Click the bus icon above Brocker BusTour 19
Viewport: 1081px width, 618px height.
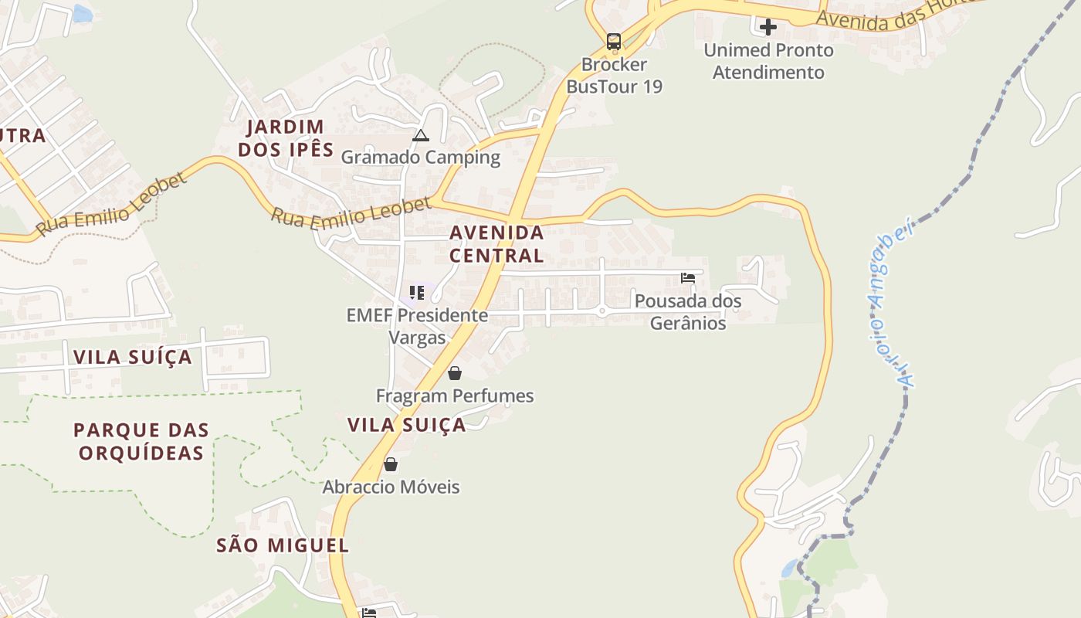click(614, 41)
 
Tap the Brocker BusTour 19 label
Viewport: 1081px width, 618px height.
click(615, 76)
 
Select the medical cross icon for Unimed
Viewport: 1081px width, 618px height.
click(768, 27)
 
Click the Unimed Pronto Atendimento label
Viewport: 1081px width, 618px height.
click(768, 61)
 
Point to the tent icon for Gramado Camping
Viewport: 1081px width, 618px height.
click(420, 136)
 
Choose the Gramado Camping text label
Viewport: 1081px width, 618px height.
click(421, 158)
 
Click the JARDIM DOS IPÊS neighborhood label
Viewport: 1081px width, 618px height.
click(286, 138)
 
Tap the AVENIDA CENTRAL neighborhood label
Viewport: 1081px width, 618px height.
click(496, 243)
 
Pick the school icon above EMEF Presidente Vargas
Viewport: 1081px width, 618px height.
click(417, 293)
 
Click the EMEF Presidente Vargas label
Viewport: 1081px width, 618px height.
click(417, 326)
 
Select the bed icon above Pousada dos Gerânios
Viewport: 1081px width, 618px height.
click(688, 278)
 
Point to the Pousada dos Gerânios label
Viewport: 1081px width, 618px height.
click(688, 312)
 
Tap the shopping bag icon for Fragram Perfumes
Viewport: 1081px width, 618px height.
click(455, 374)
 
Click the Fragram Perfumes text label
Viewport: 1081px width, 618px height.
click(455, 396)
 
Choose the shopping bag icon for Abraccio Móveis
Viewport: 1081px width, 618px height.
click(391, 464)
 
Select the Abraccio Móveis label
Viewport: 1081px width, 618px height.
click(391, 487)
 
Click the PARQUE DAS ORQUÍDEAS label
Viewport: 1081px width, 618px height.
click(141, 441)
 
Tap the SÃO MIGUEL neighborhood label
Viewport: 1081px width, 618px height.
click(283, 545)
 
